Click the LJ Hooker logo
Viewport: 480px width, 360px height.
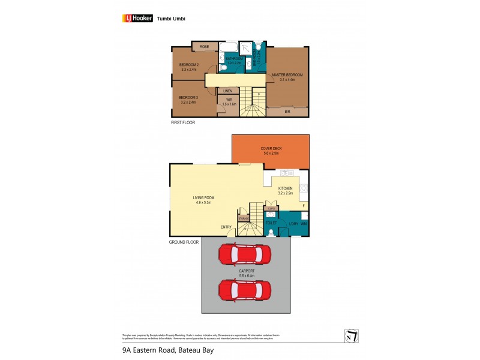pyautogui.click(x=137, y=18)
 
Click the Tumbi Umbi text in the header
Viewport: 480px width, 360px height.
pyautogui.click(x=171, y=18)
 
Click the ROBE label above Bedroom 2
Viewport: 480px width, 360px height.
pyautogui.click(x=204, y=46)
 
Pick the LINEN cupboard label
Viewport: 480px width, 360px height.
pyautogui.click(x=228, y=91)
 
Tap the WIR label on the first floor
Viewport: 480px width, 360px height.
pyautogui.click(x=229, y=101)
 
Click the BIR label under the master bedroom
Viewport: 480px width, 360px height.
pyautogui.click(x=287, y=112)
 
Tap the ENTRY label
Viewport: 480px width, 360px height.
pyautogui.click(x=226, y=227)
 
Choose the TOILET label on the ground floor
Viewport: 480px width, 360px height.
pyautogui.click(x=271, y=223)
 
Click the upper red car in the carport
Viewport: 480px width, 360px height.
pyautogui.click(x=245, y=255)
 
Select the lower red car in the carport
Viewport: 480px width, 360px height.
pyautogui.click(x=245, y=290)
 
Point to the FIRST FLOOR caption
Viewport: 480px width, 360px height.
pyautogui.click(x=183, y=122)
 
